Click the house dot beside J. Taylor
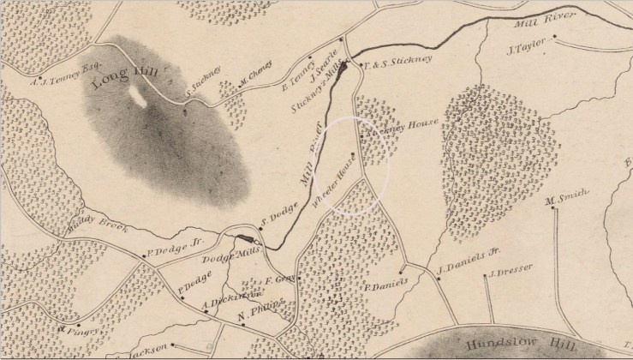tap(555, 36)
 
